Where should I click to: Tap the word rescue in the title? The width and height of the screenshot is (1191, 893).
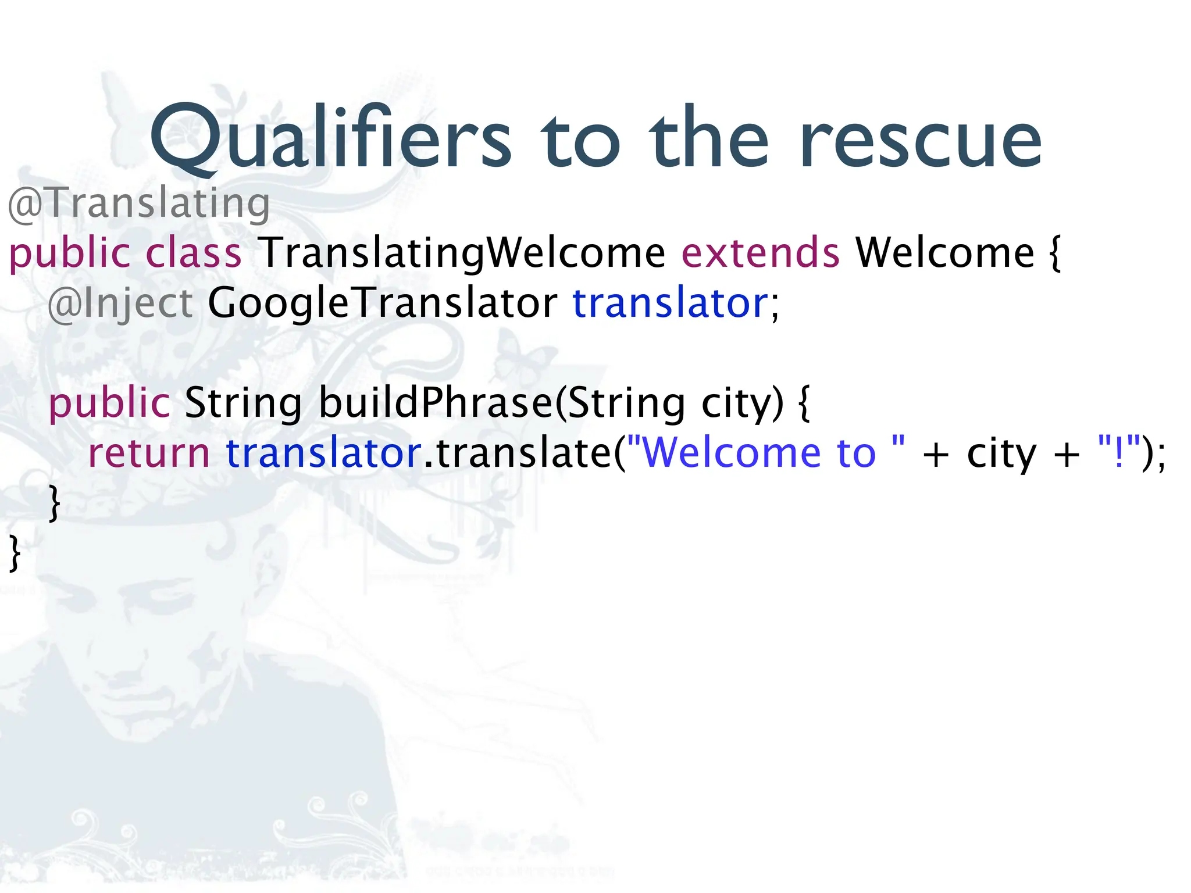tap(921, 140)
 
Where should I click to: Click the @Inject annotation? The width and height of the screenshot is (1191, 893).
tap(120, 303)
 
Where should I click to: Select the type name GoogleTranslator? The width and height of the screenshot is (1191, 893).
tap(382, 303)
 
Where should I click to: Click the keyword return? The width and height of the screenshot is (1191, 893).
tap(148, 453)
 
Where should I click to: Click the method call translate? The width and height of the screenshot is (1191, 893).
tap(523, 453)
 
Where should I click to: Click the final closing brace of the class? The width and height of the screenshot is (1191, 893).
tap(15, 553)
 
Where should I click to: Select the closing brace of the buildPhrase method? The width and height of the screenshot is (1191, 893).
tap(54, 503)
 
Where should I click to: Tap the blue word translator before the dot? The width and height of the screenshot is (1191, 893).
tap(323, 453)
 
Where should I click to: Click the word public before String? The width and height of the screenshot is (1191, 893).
tap(109, 402)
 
